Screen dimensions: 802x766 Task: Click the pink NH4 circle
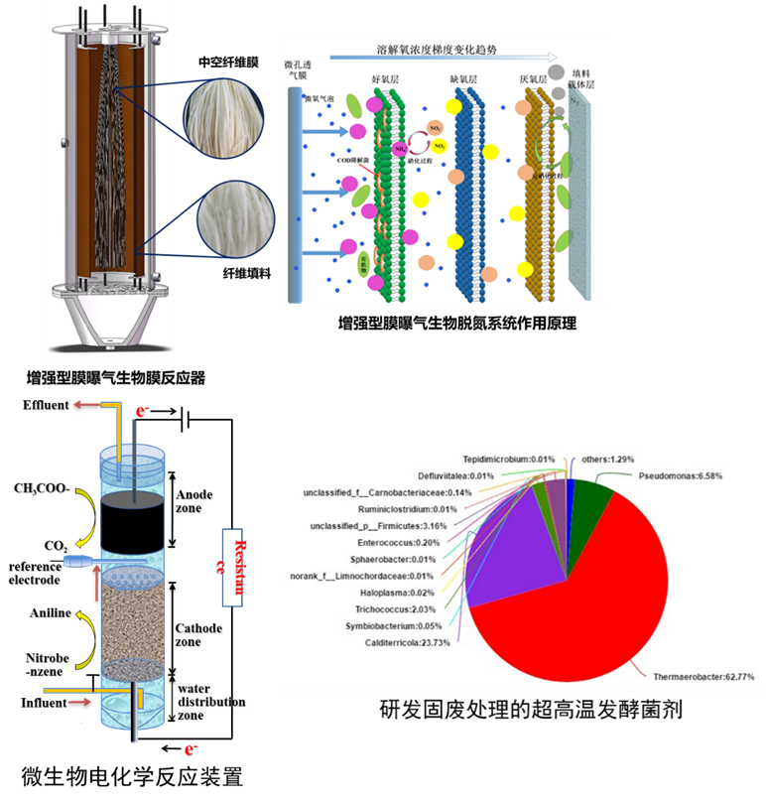tap(401, 149)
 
